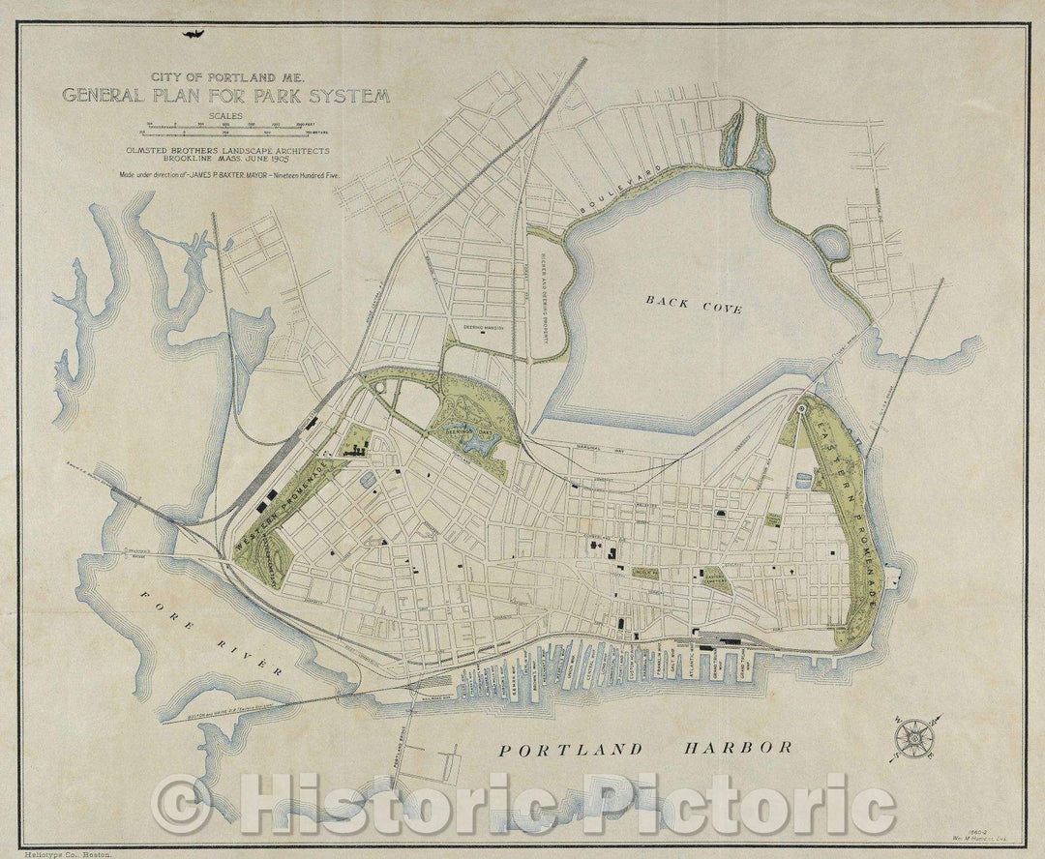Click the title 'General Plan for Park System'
click(226, 96)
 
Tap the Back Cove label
click(694, 306)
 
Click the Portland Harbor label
click(645, 748)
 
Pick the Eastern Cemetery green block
click(716, 579)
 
